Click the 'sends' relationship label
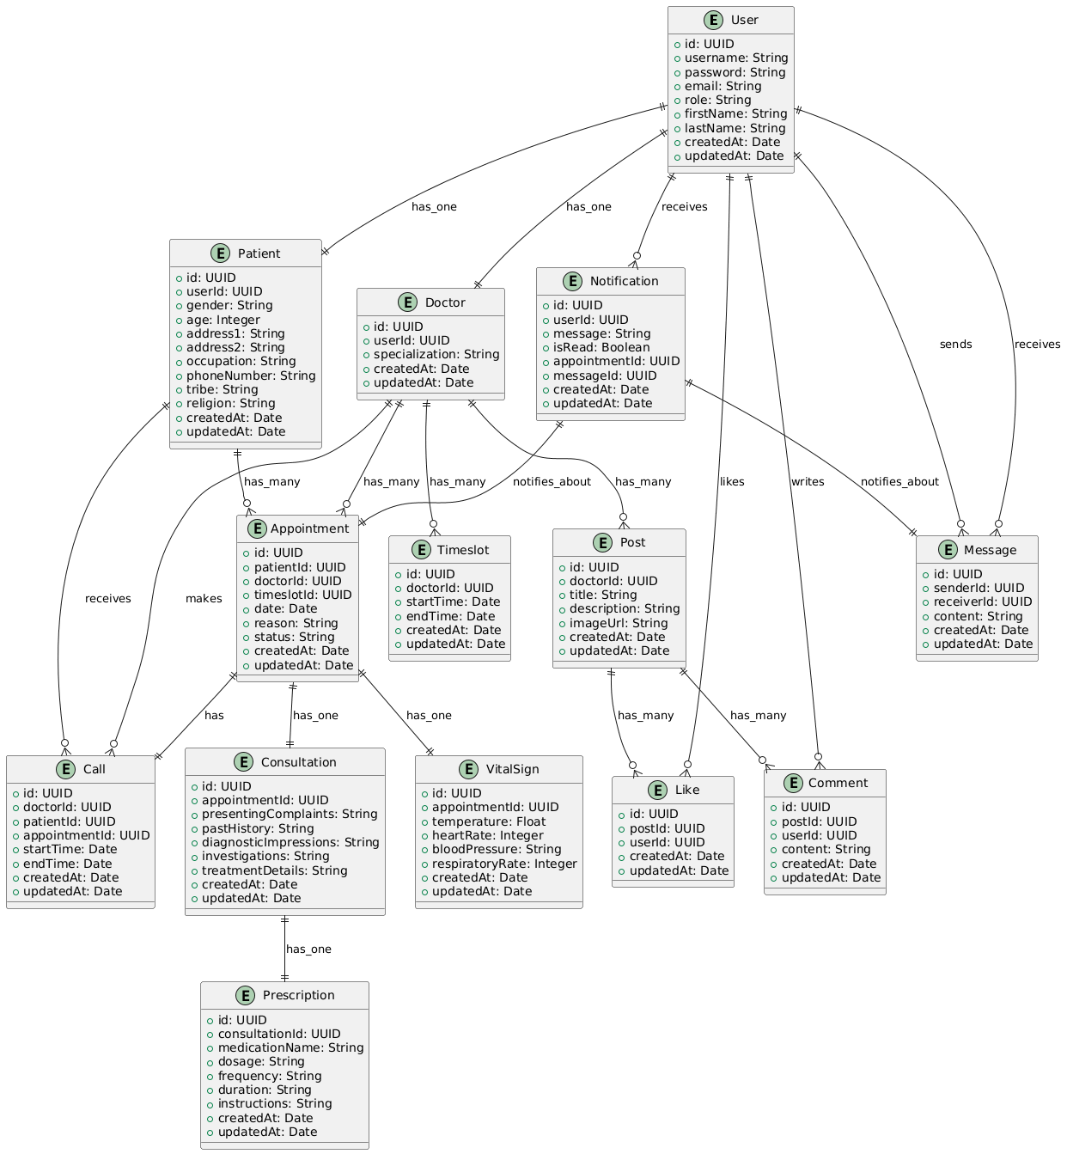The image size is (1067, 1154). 955,345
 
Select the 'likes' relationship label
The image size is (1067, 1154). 732,482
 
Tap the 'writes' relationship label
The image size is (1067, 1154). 807,482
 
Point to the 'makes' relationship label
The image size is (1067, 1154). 203,598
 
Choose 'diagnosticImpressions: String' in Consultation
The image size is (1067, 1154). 284,842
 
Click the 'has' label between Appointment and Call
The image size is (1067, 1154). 214,715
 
